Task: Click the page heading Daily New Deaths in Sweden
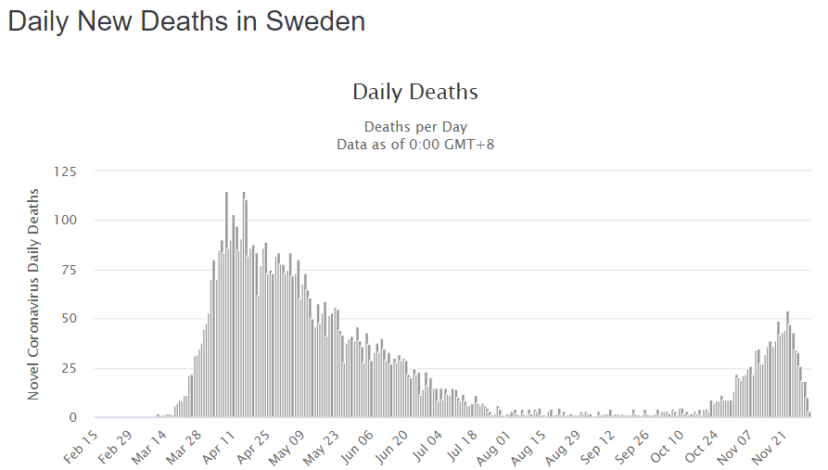pyautogui.click(x=186, y=22)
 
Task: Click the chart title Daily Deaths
pyautogui.click(x=414, y=92)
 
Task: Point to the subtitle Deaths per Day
pyautogui.click(x=414, y=126)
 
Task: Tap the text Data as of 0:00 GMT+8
pyautogui.click(x=414, y=144)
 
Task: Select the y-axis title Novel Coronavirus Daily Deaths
pyautogui.click(x=34, y=294)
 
